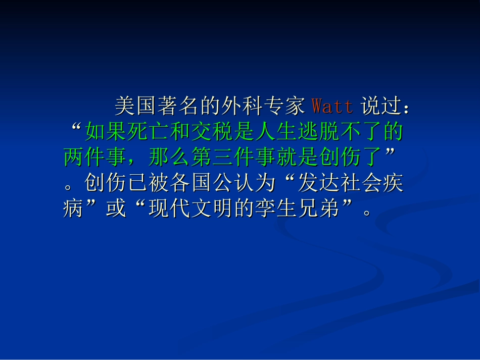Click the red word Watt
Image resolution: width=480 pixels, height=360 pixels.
(332, 107)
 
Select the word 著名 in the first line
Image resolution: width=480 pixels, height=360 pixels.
(178, 107)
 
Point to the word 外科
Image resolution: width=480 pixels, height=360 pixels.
(242, 107)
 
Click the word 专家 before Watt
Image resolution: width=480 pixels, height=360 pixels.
(284, 107)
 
